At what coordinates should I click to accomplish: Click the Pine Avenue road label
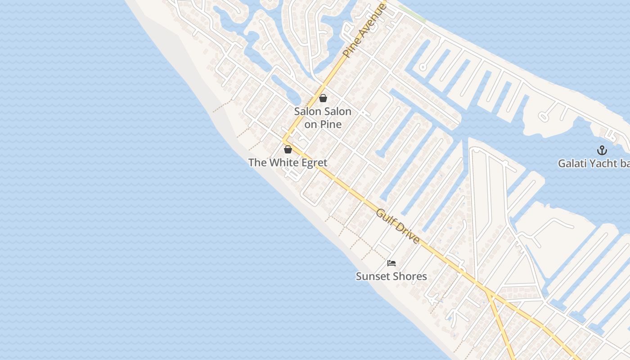[x=364, y=30]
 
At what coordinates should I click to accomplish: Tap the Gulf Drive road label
[x=398, y=226]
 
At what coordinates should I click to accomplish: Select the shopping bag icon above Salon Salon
[x=323, y=98]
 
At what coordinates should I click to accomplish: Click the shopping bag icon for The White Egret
[x=288, y=149]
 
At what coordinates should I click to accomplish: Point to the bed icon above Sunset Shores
[x=391, y=263]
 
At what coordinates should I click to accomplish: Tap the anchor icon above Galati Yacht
[x=602, y=150]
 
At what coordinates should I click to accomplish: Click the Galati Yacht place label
[x=594, y=163]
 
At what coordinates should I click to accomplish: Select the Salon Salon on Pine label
[x=323, y=117]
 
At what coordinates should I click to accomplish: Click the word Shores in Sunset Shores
[x=410, y=276]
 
